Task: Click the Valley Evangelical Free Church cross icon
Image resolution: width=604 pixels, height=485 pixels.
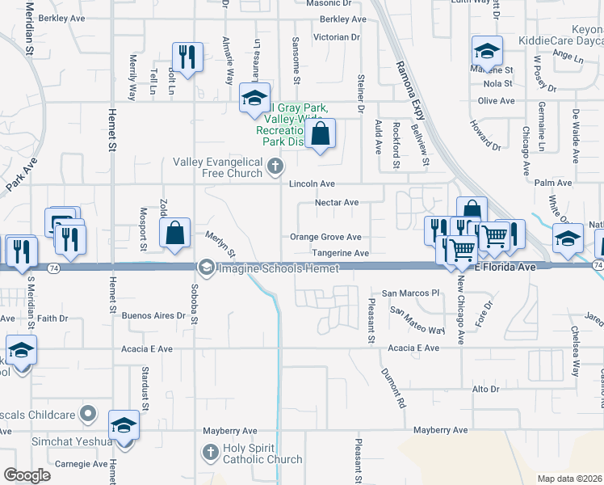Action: pos(275,167)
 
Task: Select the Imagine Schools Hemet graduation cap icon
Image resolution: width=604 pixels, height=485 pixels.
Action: pos(207,267)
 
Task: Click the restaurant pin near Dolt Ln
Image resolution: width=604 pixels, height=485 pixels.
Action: pos(187,57)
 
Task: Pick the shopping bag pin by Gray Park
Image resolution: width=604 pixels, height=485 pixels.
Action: pos(321,134)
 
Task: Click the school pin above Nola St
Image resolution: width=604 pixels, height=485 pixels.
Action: pos(487,52)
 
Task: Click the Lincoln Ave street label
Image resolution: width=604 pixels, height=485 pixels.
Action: pos(312,184)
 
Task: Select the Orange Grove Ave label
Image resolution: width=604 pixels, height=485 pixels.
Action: pos(325,238)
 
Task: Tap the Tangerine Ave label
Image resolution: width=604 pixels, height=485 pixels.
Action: pos(341,253)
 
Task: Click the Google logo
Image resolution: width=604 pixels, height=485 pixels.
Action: pos(27,474)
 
